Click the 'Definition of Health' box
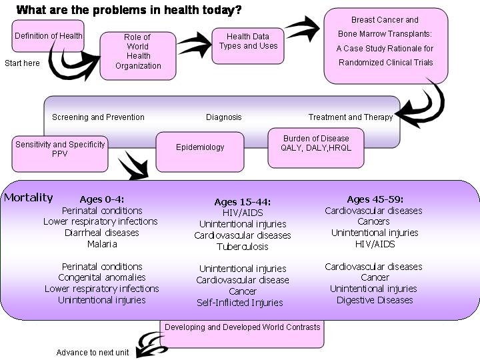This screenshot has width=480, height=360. point(48,36)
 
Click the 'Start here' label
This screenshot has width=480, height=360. point(22,63)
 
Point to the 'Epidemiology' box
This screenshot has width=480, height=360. point(200,147)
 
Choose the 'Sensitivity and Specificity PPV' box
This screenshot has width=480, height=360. point(60,149)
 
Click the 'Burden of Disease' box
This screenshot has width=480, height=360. point(316,143)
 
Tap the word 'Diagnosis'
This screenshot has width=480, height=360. point(224,117)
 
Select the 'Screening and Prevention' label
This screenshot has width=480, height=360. point(98,117)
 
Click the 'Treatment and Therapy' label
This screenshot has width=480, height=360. point(351,117)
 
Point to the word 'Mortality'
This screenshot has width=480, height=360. point(28,197)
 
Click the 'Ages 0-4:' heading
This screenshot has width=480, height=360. point(102,199)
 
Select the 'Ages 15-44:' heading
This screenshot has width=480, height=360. point(243,202)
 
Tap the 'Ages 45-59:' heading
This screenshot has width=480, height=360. point(375,199)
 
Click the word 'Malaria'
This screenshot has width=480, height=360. point(102,244)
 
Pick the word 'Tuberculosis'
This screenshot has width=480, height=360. point(243,247)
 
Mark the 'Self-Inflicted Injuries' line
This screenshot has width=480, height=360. point(240,303)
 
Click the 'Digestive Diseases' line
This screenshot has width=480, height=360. point(375,300)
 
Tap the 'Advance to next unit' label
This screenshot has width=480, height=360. point(93,353)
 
